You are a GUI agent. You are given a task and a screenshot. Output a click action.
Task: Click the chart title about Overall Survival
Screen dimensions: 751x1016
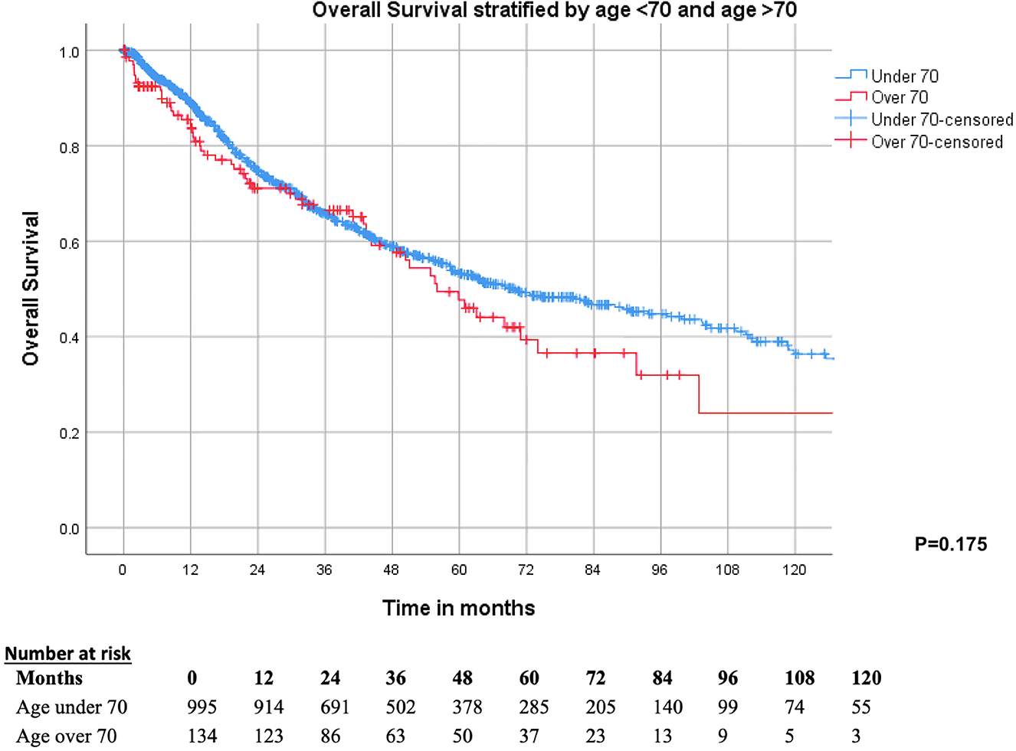[554, 11]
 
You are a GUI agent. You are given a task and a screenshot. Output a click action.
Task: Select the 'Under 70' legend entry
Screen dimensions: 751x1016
[904, 76]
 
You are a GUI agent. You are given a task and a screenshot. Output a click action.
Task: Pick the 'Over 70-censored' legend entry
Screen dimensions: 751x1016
[936, 142]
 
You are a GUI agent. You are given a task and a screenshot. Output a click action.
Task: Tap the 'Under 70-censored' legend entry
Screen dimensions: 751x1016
[942, 119]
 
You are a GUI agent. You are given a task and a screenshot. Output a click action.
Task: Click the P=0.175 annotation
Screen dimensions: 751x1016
[950, 544]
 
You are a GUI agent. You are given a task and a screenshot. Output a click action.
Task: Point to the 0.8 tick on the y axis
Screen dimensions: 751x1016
[69, 147]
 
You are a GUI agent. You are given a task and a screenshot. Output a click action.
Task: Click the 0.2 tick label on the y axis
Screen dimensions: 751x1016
[69, 433]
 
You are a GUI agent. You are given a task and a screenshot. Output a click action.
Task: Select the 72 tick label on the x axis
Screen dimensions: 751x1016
[526, 570]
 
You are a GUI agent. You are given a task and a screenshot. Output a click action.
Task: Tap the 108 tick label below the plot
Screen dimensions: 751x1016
[727, 570]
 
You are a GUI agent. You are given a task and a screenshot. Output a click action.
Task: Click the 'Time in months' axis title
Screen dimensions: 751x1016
[458, 608]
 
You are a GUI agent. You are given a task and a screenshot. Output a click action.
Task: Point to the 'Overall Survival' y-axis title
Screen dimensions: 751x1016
[31, 289]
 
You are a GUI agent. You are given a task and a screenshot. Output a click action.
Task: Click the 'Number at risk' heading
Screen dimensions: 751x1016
[67, 654]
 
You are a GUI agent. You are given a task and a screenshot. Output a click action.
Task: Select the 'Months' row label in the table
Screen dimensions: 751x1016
[49, 678]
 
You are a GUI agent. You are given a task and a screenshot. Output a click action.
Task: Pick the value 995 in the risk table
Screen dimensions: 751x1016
[202, 707]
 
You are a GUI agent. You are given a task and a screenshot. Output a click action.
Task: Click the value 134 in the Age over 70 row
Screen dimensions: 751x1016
[202, 736]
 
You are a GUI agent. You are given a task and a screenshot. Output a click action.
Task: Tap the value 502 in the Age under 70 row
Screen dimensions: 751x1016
[400, 707]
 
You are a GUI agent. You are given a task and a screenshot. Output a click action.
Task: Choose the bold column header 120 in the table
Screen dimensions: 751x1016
[866, 678]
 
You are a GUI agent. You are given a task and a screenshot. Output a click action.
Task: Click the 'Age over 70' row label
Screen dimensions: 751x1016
[67, 736]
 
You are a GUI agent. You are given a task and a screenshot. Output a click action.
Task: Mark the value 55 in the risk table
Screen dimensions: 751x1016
[860, 707]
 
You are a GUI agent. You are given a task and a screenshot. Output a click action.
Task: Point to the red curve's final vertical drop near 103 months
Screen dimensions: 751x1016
[699, 394]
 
